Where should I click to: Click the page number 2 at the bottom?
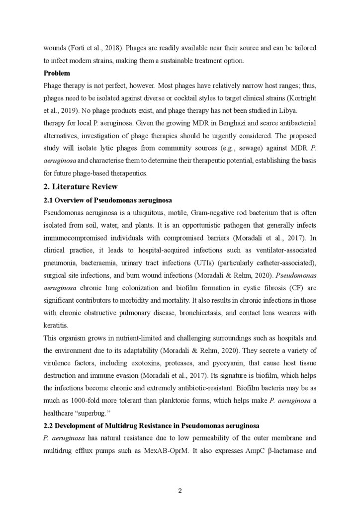click(x=180, y=491)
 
